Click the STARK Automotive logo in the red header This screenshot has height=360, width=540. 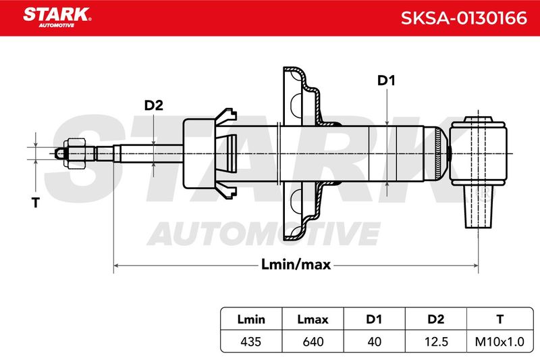point(57,18)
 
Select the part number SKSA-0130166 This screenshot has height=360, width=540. point(464,18)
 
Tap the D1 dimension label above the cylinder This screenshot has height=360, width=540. point(386,80)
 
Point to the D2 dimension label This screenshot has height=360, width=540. point(154,105)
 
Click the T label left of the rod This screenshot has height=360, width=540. point(36,203)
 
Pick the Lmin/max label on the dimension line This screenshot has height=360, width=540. point(296,265)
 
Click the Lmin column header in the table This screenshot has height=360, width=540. point(251,319)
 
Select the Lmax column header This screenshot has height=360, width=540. point(313,319)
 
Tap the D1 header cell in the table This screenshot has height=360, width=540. point(374,319)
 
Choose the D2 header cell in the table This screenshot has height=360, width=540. point(435,319)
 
